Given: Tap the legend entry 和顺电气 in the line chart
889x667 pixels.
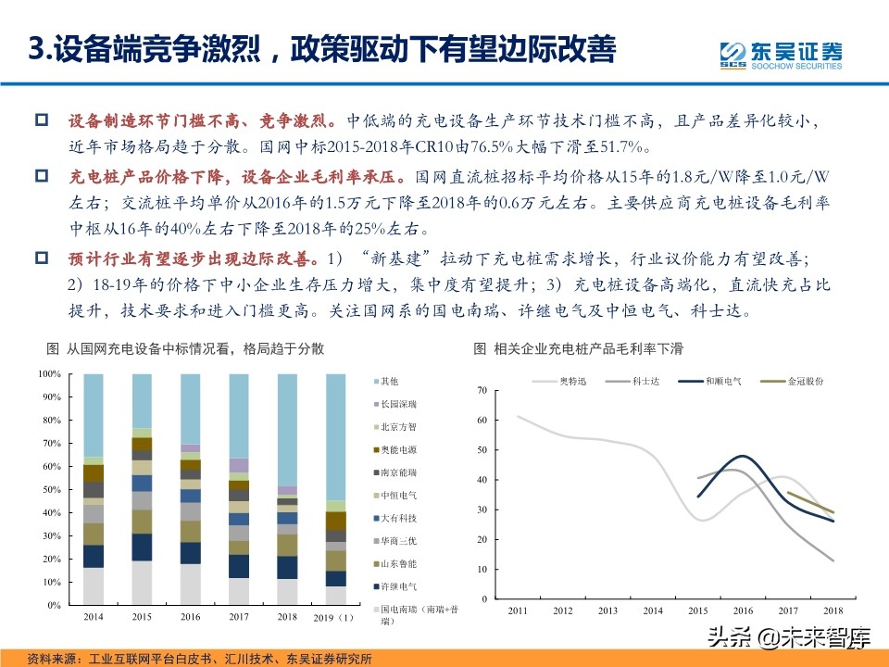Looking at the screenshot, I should pos(721,381).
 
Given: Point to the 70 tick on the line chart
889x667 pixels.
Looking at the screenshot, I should pos(481,391).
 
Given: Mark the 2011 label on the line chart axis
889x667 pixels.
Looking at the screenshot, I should pos(519,610).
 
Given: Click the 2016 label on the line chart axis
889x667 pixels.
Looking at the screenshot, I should pos(743,610).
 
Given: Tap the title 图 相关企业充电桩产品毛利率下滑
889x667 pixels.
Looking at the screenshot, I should pos(578,349).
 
